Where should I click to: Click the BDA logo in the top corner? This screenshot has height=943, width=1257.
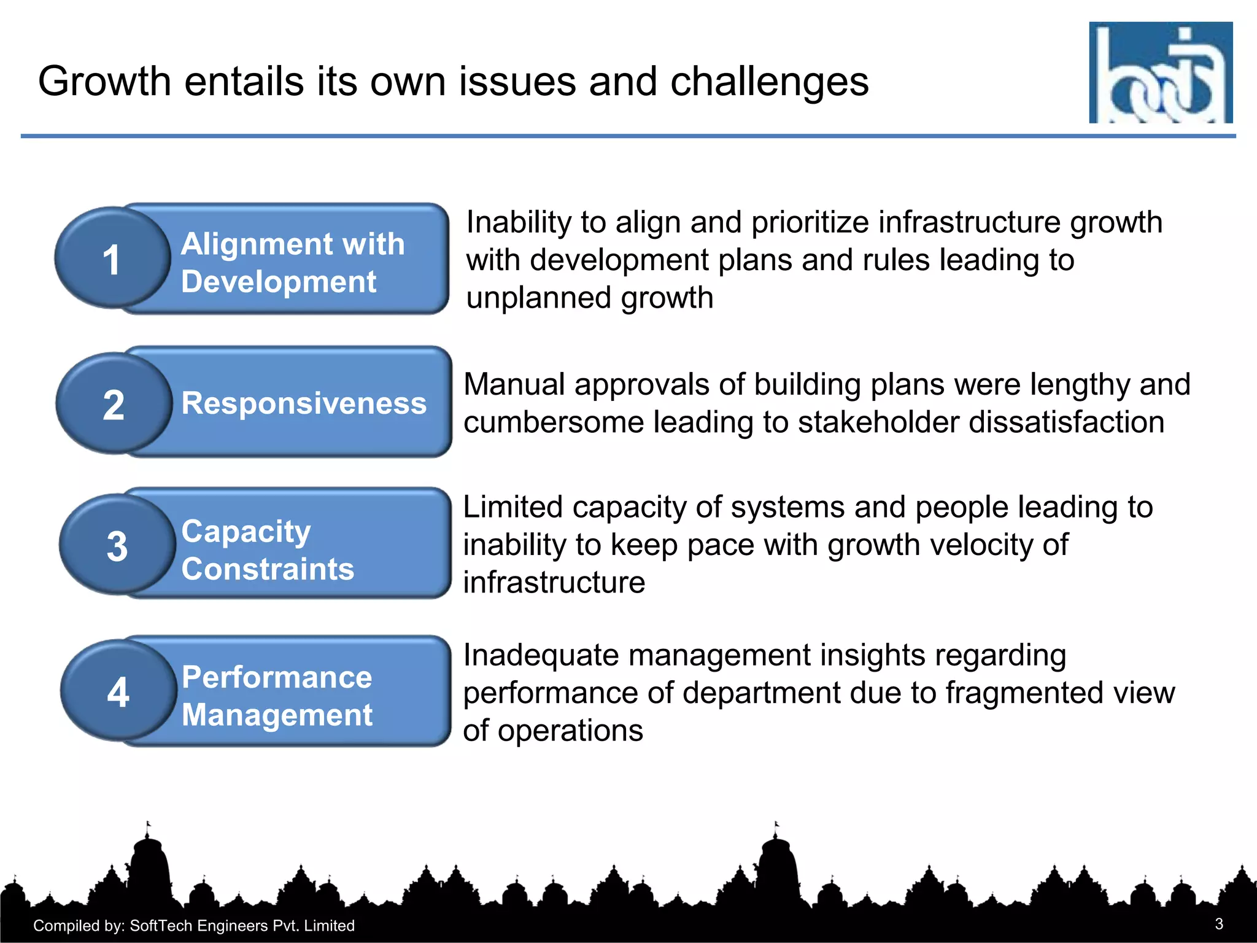click(1160, 72)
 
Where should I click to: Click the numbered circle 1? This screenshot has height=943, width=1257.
click(112, 258)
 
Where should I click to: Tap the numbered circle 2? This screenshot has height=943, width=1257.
click(114, 404)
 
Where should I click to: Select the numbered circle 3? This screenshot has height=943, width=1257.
click(117, 545)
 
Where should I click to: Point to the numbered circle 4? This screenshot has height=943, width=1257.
click(118, 691)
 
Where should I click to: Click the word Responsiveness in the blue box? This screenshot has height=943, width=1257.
click(304, 403)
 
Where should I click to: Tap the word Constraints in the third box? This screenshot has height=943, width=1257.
click(268, 569)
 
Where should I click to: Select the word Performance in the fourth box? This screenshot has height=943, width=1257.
click(277, 677)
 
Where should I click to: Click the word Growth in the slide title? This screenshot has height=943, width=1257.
click(104, 81)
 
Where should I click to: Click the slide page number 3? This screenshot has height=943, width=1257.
click(1219, 924)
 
